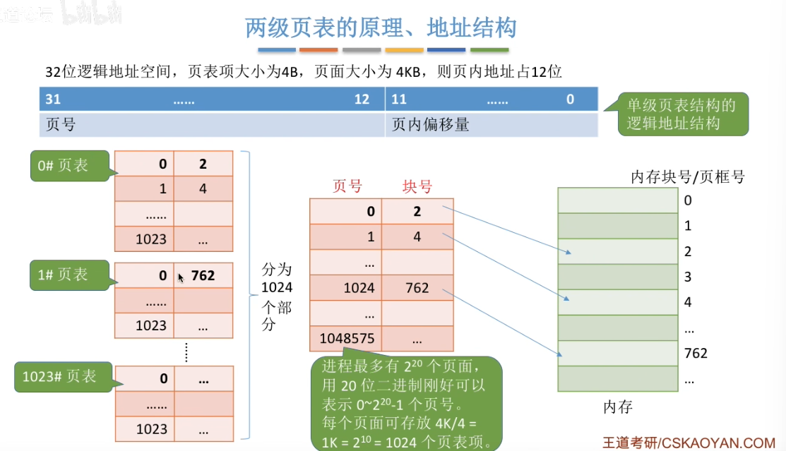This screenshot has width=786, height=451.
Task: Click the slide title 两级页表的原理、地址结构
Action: click(381, 28)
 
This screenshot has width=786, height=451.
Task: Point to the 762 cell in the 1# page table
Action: click(203, 276)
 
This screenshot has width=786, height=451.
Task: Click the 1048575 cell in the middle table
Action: click(345, 339)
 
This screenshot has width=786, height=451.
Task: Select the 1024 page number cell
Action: click(345, 288)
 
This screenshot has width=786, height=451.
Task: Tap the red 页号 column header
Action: click(347, 186)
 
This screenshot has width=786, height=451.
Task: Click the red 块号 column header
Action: click(417, 186)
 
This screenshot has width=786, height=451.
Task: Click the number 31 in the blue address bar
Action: click(53, 100)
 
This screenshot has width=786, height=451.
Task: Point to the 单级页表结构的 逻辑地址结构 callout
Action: click(681, 114)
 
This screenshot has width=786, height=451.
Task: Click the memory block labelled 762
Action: click(617, 353)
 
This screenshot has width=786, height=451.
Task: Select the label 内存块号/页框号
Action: click(687, 176)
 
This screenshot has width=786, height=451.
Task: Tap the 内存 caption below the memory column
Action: click(617, 407)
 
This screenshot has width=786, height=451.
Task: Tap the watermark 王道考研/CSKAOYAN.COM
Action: click(688, 443)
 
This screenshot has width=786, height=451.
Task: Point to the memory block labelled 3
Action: click(617, 277)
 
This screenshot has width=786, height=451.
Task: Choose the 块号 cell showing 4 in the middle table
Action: click(417, 237)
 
